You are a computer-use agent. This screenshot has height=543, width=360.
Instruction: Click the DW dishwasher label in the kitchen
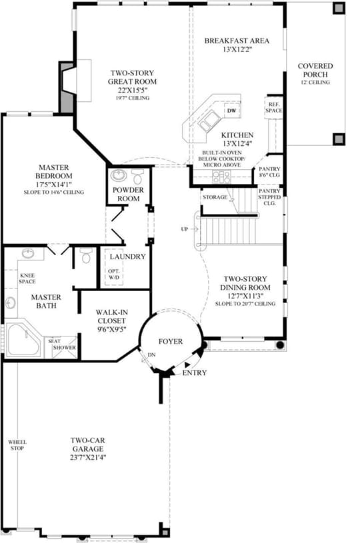(232, 111)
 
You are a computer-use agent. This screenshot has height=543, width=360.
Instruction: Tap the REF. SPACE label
(274, 107)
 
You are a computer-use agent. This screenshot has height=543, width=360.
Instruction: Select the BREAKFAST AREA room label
(237, 41)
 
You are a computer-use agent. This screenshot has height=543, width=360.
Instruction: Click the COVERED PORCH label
(315, 71)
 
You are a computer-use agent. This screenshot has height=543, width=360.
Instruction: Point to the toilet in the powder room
(137, 177)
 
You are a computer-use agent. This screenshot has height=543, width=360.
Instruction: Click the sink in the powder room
(119, 175)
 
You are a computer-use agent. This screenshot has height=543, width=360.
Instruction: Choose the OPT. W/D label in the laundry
(113, 274)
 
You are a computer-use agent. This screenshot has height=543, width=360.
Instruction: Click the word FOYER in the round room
(171, 341)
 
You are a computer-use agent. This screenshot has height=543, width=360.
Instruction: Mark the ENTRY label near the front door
(195, 372)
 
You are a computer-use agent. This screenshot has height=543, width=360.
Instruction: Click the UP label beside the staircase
(184, 229)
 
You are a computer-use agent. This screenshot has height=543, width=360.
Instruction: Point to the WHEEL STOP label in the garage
(17, 445)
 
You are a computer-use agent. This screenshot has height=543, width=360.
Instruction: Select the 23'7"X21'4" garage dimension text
(88, 458)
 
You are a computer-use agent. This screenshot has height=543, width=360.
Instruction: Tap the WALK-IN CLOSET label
(111, 316)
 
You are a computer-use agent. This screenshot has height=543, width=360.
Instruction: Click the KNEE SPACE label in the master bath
(27, 278)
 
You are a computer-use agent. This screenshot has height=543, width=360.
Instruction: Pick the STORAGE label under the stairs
(215, 197)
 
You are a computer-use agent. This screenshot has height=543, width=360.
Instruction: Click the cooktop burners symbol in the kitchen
(221, 177)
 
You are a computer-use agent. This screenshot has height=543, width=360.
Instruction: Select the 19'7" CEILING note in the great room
(133, 98)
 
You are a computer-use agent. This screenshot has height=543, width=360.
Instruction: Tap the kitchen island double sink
(209, 121)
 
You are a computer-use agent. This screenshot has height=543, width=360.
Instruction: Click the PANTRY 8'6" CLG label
(269, 172)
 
